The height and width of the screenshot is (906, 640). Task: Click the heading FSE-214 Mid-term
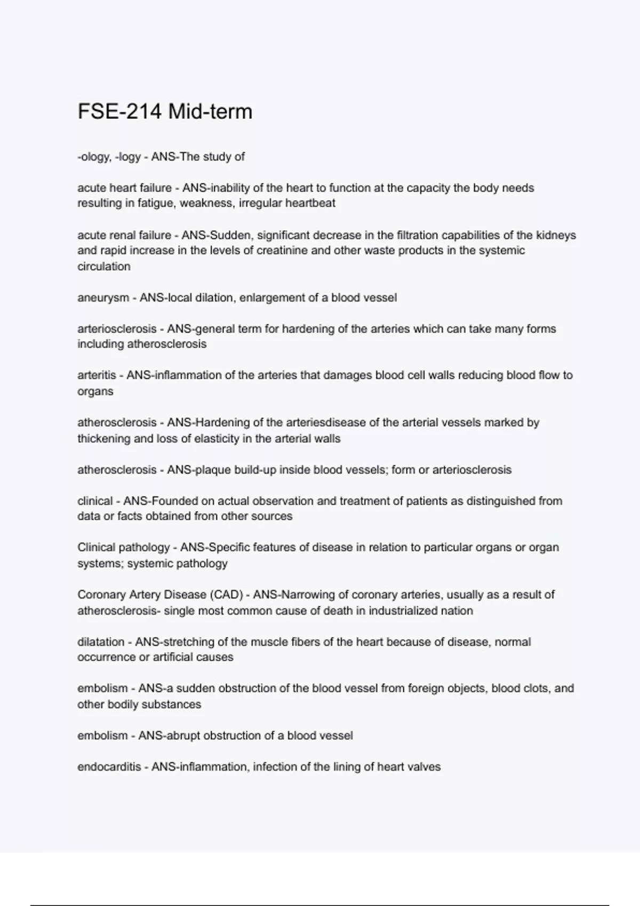click(165, 112)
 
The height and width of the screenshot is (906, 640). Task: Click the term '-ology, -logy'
click(109, 157)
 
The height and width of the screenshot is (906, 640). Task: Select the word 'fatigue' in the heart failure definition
click(155, 203)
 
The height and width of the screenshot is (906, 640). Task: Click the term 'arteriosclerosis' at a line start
click(117, 329)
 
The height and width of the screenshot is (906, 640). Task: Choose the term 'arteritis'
click(97, 375)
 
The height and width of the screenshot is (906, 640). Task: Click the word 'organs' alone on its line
click(95, 391)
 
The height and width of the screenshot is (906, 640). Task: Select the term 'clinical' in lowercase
click(95, 501)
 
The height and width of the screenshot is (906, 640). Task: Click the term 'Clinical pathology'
click(123, 547)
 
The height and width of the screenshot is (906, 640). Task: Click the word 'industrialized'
click(395, 611)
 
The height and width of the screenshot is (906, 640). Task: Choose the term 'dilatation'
click(101, 642)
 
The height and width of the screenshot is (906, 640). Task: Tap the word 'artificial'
click(177, 657)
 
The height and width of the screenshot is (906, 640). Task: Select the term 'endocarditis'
click(109, 767)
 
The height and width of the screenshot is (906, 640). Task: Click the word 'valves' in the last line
click(423, 767)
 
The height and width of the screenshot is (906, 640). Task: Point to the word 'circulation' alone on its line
click(104, 266)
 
